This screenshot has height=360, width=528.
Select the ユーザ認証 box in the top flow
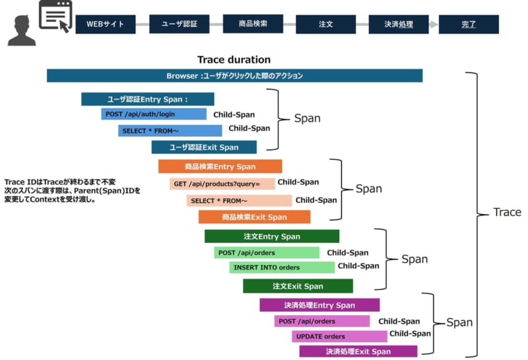(x=180, y=24)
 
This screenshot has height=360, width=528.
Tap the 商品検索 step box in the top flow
(x=253, y=24)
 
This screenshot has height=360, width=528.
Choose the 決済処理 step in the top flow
(x=399, y=24)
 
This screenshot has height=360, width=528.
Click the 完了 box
(x=469, y=24)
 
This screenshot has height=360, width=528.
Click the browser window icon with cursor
(x=55, y=17)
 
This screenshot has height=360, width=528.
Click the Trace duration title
(x=234, y=59)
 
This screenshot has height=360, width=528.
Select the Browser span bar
(x=234, y=76)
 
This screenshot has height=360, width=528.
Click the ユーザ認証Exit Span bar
(x=204, y=147)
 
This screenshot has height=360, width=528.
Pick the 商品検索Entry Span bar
(x=220, y=166)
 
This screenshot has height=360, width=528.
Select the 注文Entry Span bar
(x=271, y=236)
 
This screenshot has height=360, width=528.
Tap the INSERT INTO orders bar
(x=282, y=268)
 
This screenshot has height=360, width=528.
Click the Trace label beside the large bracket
(x=507, y=212)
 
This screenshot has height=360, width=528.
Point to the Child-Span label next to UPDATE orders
(x=410, y=334)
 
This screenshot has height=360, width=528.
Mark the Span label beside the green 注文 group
(x=414, y=259)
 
